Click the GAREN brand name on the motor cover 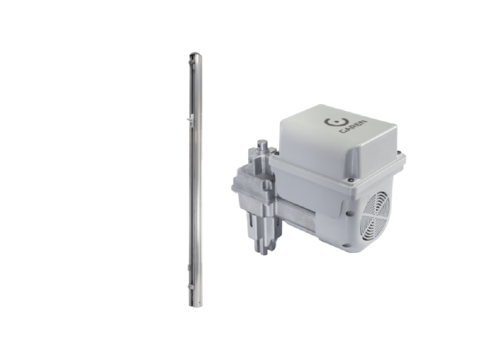(353, 127)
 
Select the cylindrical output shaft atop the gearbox (263, 146)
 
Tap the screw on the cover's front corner (351, 180)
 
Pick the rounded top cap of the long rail (194, 55)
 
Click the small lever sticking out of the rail (189, 119)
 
